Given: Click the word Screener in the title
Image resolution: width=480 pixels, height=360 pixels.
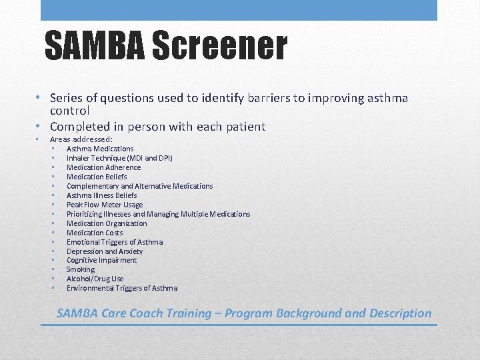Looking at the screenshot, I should (219, 47).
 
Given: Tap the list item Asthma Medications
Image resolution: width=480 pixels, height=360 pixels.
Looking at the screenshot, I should (100, 149).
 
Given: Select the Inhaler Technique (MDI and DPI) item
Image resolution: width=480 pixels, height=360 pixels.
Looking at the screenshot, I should (119, 158).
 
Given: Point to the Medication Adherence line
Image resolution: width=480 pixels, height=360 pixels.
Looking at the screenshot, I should (103, 167).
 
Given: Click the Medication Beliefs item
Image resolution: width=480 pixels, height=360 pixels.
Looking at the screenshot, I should (97, 177).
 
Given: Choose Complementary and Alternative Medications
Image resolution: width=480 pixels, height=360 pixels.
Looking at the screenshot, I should (139, 186).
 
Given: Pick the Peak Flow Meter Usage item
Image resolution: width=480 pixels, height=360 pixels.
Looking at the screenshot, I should (105, 205).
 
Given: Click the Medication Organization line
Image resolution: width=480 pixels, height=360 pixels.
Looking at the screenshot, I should (107, 223).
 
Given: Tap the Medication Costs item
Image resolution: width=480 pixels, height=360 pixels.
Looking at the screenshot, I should (95, 233).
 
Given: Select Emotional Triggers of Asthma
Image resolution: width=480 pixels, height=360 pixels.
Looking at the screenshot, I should (115, 242).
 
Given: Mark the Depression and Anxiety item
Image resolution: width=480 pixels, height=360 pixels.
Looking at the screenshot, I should (105, 251).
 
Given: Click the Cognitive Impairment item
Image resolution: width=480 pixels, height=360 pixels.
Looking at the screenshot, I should (101, 260).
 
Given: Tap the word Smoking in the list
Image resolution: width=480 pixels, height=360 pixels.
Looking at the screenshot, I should (81, 269).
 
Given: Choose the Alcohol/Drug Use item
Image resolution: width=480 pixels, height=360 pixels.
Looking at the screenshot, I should (95, 279).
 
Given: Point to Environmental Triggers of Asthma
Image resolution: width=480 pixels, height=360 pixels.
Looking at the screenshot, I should (122, 288).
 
